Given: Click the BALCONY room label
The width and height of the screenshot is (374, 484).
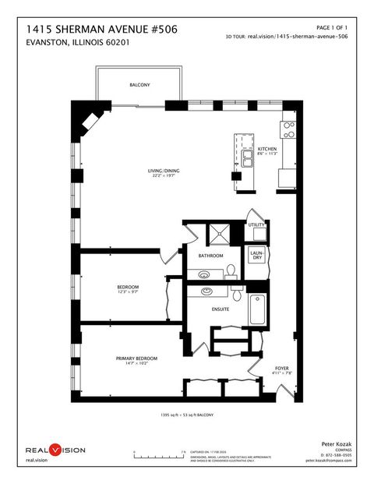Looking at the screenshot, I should [140, 85].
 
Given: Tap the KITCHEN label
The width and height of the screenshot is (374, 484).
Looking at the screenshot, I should [267, 149].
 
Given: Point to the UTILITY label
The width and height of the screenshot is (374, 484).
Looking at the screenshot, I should [256, 225].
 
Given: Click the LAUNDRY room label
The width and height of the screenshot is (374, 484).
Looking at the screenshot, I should [256, 256].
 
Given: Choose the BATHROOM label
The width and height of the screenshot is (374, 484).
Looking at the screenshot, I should [210, 256].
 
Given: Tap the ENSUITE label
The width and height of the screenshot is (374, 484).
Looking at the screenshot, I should [221, 309].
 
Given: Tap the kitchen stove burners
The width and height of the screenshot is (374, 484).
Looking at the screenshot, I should [288, 129].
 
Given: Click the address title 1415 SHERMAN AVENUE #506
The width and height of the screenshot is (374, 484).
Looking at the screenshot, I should [101, 29].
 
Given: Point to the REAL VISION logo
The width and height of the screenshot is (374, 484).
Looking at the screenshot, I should [55, 450].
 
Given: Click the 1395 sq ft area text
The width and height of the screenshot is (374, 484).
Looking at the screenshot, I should [187, 415].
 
